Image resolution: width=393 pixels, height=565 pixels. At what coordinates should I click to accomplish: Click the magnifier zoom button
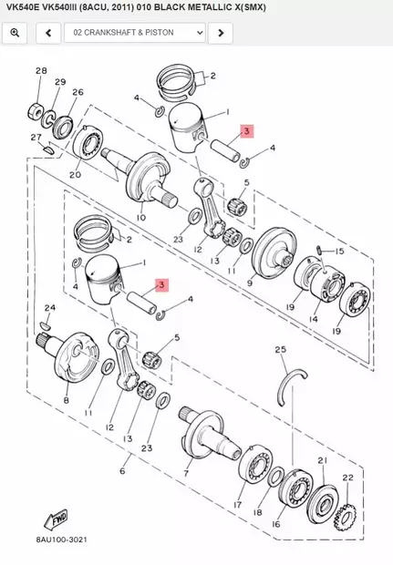tap(14, 33)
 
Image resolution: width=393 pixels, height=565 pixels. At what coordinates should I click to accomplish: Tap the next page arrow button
tap(220, 33)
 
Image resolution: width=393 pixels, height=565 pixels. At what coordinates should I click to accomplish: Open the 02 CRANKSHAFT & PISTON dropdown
tap(134, 33)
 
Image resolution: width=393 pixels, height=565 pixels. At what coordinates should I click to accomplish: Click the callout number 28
tap(41, 71)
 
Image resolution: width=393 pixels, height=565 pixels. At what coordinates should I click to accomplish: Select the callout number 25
tap(281, 349)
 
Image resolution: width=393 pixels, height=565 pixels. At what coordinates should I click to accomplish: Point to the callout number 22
tap(347, 478)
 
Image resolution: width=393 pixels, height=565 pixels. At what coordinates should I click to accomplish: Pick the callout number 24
tap(49, 308)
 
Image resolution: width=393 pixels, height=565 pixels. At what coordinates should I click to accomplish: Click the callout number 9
tap(250, 283)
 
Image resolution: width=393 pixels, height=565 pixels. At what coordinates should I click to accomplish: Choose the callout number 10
tap(140, 218)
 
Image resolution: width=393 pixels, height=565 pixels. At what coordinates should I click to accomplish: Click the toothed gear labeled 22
tap(346, 518)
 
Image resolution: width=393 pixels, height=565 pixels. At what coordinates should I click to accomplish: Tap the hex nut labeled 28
tap(38, 112)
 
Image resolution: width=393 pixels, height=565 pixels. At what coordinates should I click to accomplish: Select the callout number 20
tap(75, 175)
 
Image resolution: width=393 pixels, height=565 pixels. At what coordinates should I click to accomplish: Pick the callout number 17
tap(237, 504)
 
